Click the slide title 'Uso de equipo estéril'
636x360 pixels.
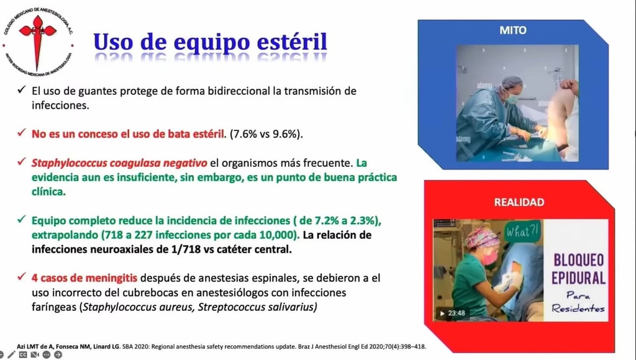210,42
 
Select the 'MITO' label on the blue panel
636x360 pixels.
513,30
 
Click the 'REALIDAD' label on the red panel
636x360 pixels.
519,202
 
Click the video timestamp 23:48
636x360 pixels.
456,313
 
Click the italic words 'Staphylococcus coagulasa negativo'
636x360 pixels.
119,163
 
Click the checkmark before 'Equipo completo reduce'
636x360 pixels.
21,220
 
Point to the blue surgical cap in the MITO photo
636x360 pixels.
511,83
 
